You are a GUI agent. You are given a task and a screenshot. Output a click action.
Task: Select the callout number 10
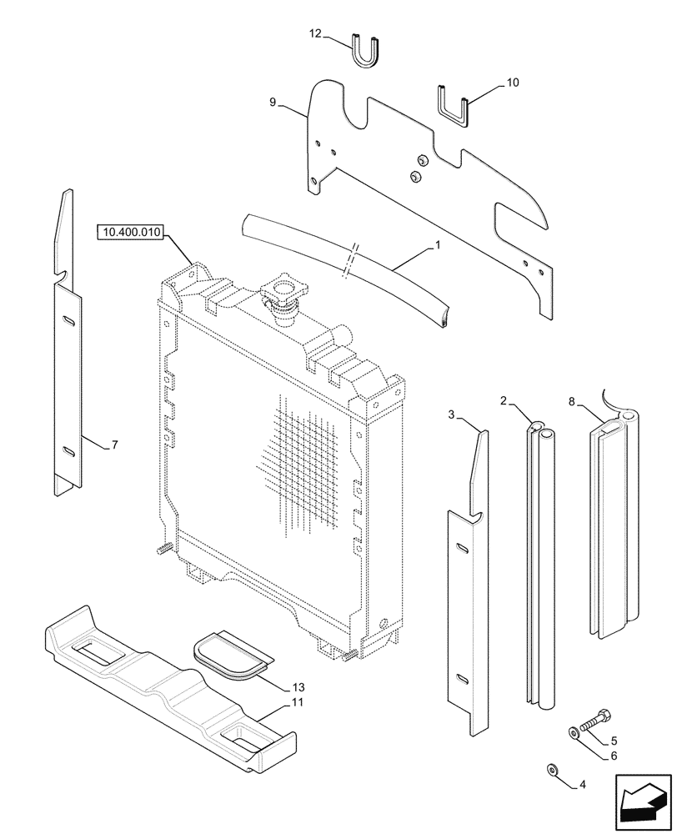[x=512, y=83]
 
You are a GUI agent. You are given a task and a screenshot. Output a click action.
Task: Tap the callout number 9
[x=272, y=103]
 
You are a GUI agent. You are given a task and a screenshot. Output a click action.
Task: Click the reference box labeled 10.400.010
[x=134, y=232]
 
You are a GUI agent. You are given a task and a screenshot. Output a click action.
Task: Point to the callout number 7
[x=114, y=445]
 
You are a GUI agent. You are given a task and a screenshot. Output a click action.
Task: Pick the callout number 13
[x=298, y=688]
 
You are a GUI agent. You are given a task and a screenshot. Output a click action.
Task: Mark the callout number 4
[x=583, y=785]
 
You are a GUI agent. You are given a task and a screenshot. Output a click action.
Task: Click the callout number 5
[x=614, y=741]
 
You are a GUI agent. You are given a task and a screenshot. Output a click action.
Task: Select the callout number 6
[x=614, y=756]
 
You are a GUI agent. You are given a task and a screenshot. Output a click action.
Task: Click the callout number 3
[x=451, y=414]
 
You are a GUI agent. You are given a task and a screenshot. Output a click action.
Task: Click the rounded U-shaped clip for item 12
[x=365, y=53]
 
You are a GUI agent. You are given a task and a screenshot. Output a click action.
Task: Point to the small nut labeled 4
[x=551, y=769]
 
